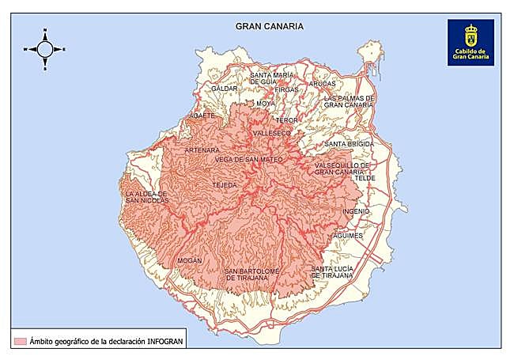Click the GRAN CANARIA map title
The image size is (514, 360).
pos(270,26)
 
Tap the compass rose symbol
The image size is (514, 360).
pos(45,49)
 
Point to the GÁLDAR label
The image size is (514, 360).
pos(225,89)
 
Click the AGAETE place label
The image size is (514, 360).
pos(201,116)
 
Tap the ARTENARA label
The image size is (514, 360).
pos(202,150)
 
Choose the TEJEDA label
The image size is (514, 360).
pos(225,185)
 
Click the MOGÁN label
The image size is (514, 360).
pos(190,260)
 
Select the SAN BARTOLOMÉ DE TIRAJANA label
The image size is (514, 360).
pos(252,274)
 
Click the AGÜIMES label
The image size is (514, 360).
pos(348,236)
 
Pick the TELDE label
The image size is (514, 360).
pos(365,179)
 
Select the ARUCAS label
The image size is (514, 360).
pos(323,83)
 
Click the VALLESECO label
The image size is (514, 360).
pos(272,134)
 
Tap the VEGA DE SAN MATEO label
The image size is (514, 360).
pos(248,159)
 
